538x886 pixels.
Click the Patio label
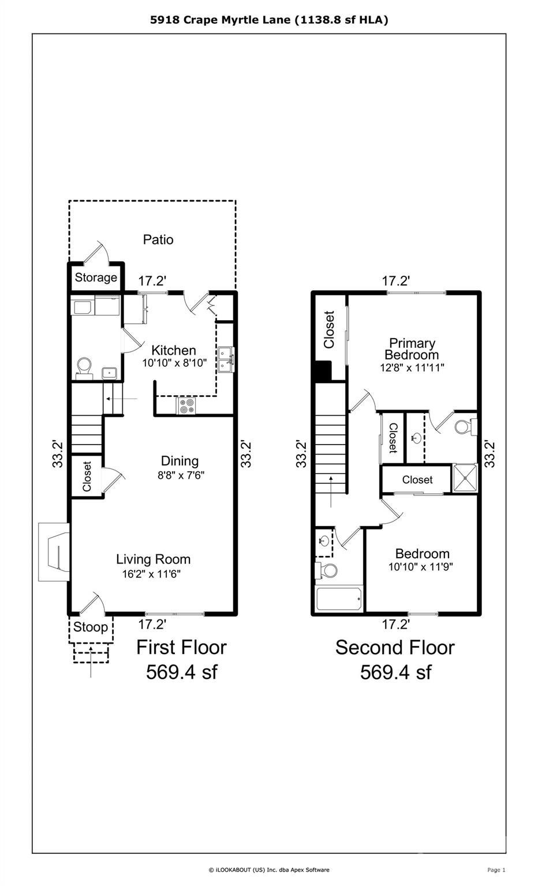[158, 239]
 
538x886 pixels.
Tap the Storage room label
[96, 277]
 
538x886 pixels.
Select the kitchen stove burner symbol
[186, 406]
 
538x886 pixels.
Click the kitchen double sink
[226, 359]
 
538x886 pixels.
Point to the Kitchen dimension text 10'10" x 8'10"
[174, 363]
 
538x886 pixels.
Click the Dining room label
[180, 461]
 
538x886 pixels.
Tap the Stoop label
[91, 627]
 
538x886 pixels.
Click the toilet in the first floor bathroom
[84, 366]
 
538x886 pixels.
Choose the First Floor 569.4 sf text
[181, 659]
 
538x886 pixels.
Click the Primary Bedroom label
[412, 349]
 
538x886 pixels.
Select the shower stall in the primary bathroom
[465, 478]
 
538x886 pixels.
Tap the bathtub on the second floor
[339, 600]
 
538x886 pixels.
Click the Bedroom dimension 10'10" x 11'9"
[420, 566]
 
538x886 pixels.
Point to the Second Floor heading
[395, 647]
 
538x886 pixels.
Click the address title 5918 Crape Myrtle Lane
[269, 20]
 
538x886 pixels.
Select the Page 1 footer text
[496, 870]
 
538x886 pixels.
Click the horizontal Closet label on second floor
[417, 479]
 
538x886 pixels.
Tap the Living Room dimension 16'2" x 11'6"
[153, 574]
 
